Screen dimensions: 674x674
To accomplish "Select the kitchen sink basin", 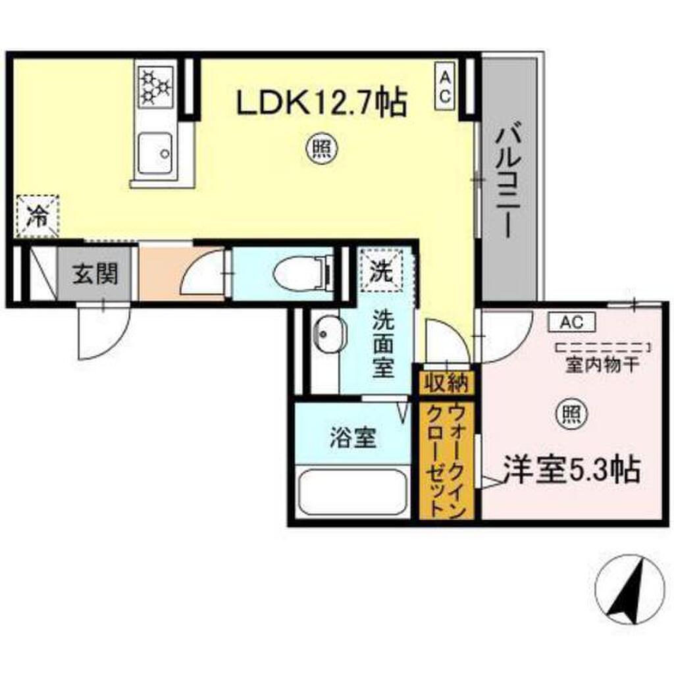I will point(155,152).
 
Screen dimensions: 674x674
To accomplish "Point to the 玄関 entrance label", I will point(95,273).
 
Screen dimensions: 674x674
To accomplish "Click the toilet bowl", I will point(300,272).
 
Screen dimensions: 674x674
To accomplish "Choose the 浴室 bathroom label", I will point(352,438).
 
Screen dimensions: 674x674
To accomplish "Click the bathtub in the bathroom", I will point(352,492).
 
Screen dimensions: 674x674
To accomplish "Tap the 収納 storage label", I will point(446,380).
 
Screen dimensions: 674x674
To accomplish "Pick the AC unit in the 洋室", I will point(571,322).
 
